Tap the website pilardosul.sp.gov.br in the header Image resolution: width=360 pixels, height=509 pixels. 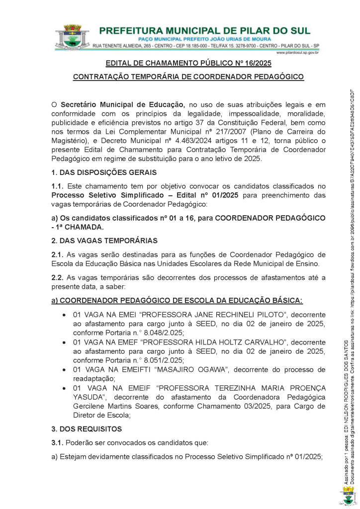(x=297, y=52)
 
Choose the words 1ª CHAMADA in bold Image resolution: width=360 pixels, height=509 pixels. (x=81, y=227)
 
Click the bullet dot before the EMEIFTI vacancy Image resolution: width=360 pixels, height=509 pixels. (x=64, y=370)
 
